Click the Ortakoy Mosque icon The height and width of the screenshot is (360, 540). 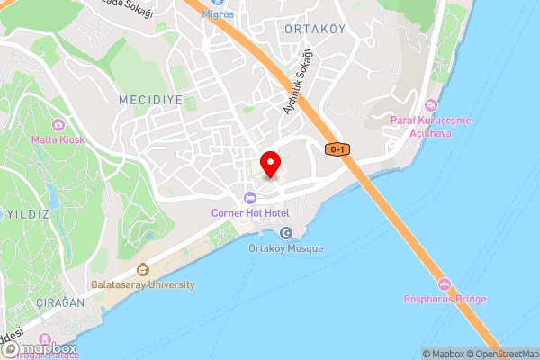pos(286,233)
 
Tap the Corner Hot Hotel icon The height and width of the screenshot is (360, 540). pos(249,198)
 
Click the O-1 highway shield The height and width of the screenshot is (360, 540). pos(337,149)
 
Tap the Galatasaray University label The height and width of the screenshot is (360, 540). pos(142,284)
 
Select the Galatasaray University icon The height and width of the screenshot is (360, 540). pos(142,269)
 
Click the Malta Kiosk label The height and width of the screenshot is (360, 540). pos(58,139)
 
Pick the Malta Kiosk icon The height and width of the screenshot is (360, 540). pos(58,124)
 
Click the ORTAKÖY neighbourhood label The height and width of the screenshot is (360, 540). pos(315,29)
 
